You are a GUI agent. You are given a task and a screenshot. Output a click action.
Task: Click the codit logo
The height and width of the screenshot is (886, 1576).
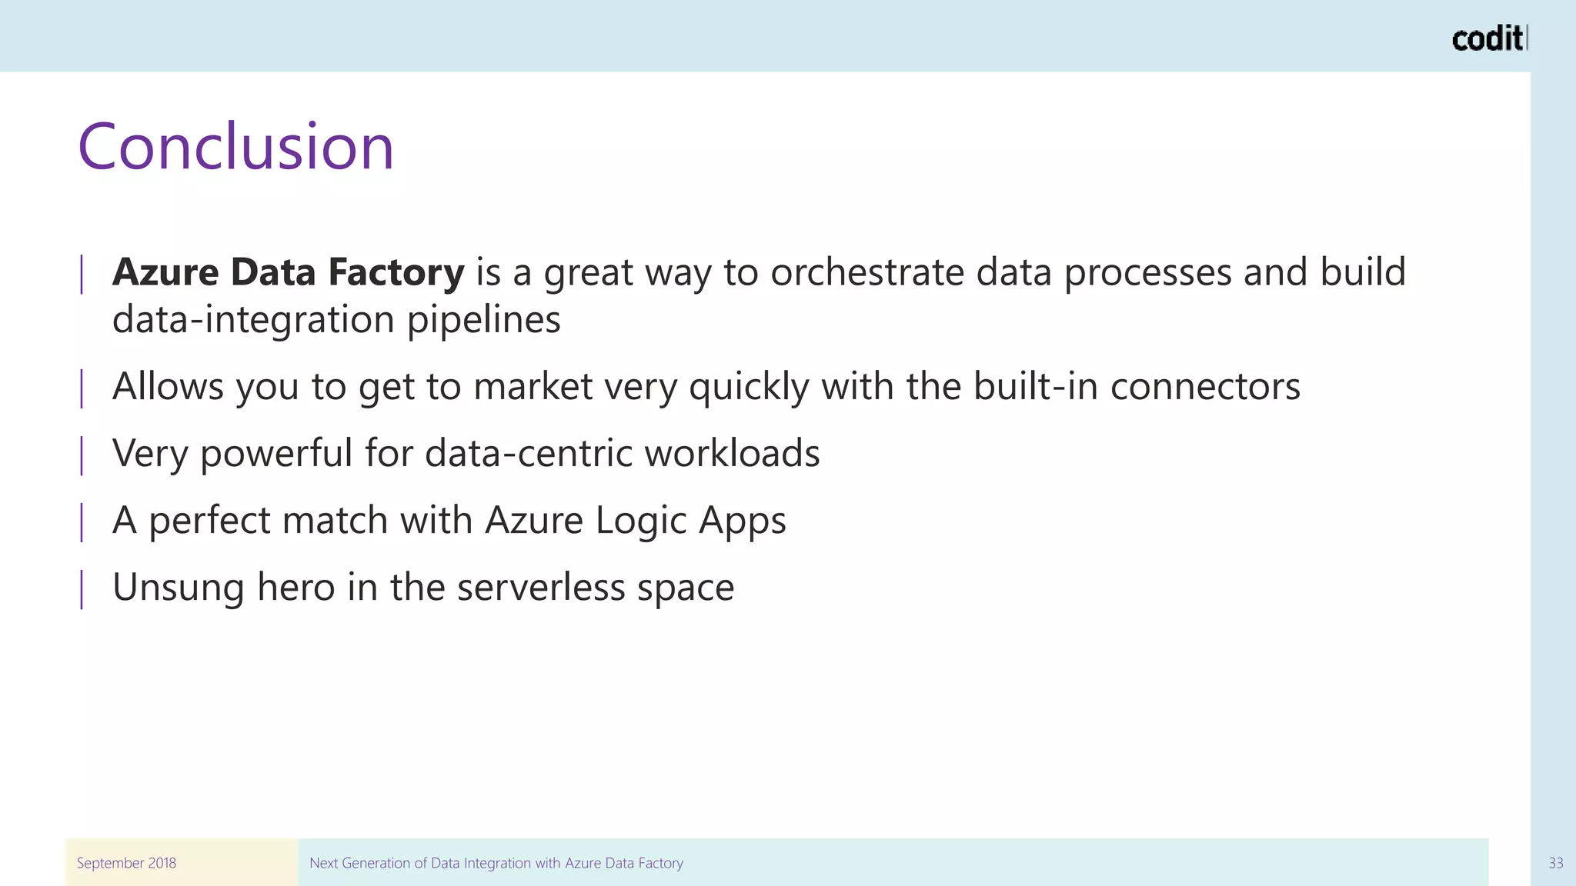[1488, 38]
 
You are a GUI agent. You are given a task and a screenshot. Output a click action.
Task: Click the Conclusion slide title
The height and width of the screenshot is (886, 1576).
[235, 147]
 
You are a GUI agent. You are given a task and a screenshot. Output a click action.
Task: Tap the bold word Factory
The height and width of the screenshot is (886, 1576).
[396, 273]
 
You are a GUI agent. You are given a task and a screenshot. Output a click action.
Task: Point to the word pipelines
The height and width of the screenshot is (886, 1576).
[483, 320]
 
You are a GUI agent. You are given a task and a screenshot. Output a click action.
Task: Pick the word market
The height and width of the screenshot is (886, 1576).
[533, 387]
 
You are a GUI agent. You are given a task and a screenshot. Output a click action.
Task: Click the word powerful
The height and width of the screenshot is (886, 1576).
[275, 454]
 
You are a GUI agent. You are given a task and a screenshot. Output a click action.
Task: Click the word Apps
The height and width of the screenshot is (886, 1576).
[742, 521]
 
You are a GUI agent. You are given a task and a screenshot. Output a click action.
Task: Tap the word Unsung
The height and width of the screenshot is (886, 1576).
[179, 588]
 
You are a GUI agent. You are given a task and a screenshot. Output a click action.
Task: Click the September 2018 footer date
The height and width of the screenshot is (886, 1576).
[126, 863]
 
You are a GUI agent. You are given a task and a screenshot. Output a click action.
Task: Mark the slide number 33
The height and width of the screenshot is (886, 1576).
[1555, 863]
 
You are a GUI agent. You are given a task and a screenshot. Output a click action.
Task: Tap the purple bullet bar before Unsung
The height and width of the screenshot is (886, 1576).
[82, 589]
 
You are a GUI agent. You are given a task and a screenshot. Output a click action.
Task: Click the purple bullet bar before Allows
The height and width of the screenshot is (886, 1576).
[82, 388]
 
